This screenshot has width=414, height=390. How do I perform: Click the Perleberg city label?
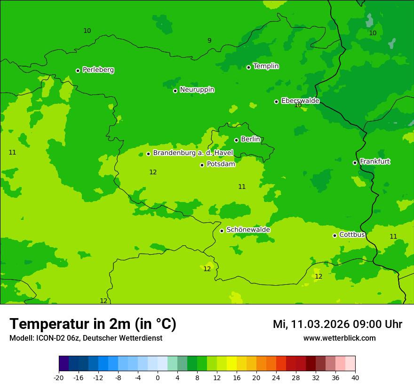(x=98, y=70)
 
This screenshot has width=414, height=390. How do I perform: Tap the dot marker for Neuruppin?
(x=175, y=91)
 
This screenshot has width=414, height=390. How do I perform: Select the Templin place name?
(x=266, y=66)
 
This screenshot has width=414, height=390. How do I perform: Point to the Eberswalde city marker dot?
(x=276, y=101)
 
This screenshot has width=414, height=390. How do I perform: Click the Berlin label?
(x=250, y=139)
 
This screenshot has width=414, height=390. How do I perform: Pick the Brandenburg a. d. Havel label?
(x=193, y=153)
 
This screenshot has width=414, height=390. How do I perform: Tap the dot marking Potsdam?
(x=202, y=165)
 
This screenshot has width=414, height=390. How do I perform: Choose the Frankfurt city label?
(x=374, y=162)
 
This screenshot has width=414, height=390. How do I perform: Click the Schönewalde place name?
(x=248, y=230)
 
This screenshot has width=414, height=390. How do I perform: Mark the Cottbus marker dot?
(x=334, y=235)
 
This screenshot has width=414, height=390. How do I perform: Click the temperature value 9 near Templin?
(x=209, y=41)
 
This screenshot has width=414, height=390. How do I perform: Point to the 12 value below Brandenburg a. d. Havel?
(x=153, y=172)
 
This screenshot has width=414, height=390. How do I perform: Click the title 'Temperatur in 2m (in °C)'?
(x=93, y=324)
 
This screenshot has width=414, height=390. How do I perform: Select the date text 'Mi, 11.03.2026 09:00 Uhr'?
(x=337, y=324)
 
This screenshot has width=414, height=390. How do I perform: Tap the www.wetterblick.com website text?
(x=339, y=338)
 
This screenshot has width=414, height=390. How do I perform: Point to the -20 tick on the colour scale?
(x=59, y=377)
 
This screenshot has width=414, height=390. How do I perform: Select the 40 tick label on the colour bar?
(x=355, y=377)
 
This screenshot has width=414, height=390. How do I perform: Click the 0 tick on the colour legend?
(x=158, y=377)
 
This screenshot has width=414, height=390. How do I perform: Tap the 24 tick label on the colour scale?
(x=276, y=377)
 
